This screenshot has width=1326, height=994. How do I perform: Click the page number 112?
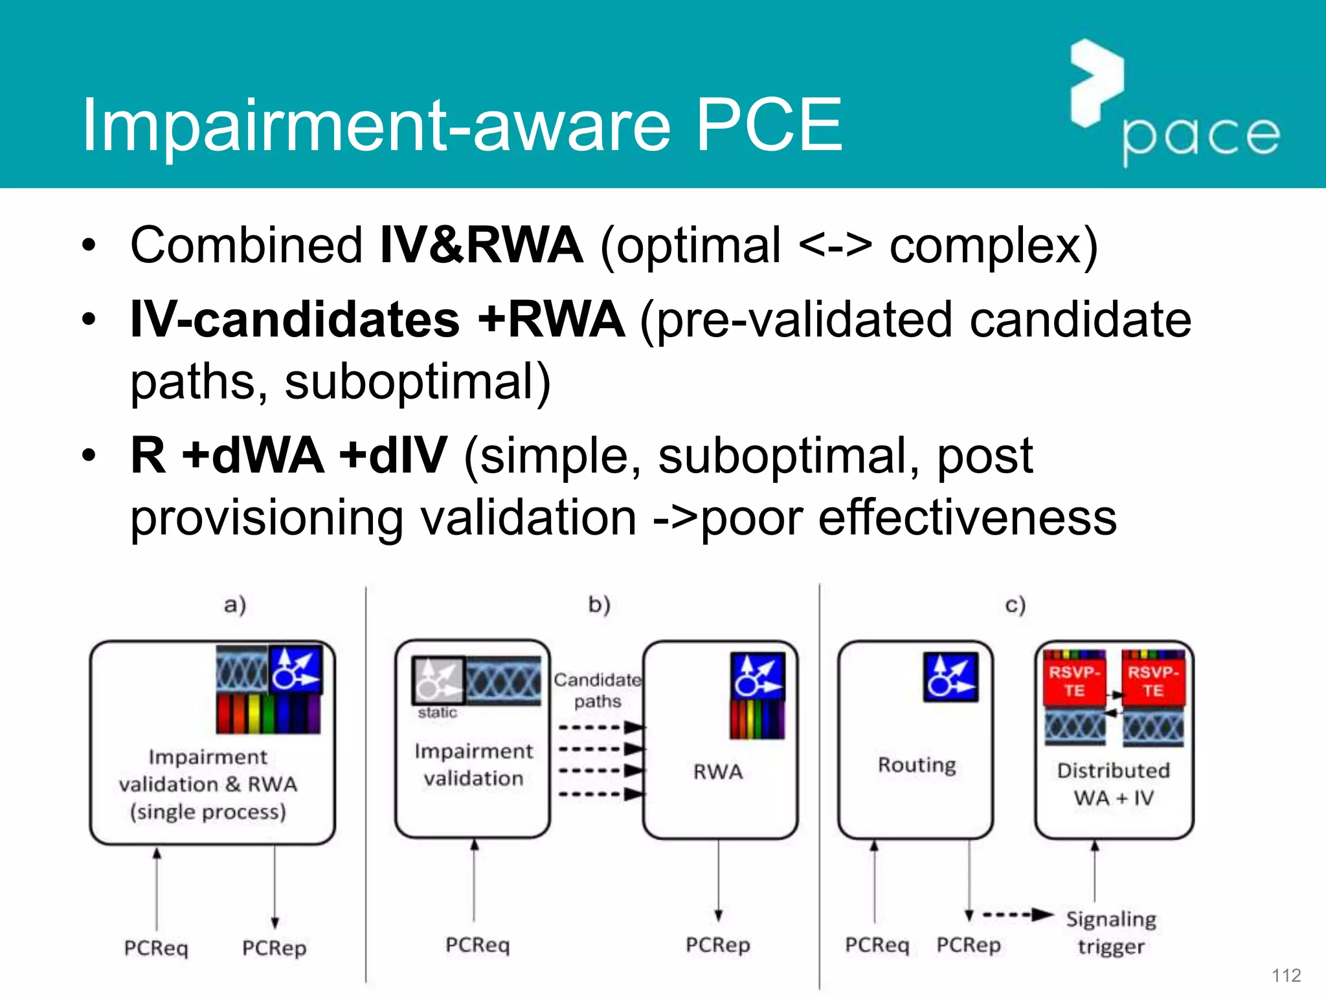tap(1286, 975)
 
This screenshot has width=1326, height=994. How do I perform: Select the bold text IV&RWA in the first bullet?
tap(481, 245)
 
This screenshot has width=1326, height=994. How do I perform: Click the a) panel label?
tap(235, 605)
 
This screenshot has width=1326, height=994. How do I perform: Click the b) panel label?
tap(599, 605)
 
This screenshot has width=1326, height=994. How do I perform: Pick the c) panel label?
tap(1015, 605)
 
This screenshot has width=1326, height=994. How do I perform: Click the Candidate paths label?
tap(597, 690)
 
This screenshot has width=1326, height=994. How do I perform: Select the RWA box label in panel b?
tap(718, 771)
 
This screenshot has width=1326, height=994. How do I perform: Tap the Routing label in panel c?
tap(917, 765)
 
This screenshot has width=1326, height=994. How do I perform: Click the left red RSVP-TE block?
tap(1074, 681)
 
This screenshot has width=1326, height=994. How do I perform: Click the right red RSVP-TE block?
tap(1153, 681)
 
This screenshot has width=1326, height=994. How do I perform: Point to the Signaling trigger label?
tap(1111, 933)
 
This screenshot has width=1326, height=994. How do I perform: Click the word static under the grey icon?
tap(437, 712)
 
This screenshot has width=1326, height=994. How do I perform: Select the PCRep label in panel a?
tap(274, 948)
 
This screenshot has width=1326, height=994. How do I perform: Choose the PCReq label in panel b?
tap(477, 945)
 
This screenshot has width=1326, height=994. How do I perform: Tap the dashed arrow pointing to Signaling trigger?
tap(1017, 915)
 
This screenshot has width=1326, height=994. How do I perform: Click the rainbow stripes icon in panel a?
tap(268, 714)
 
